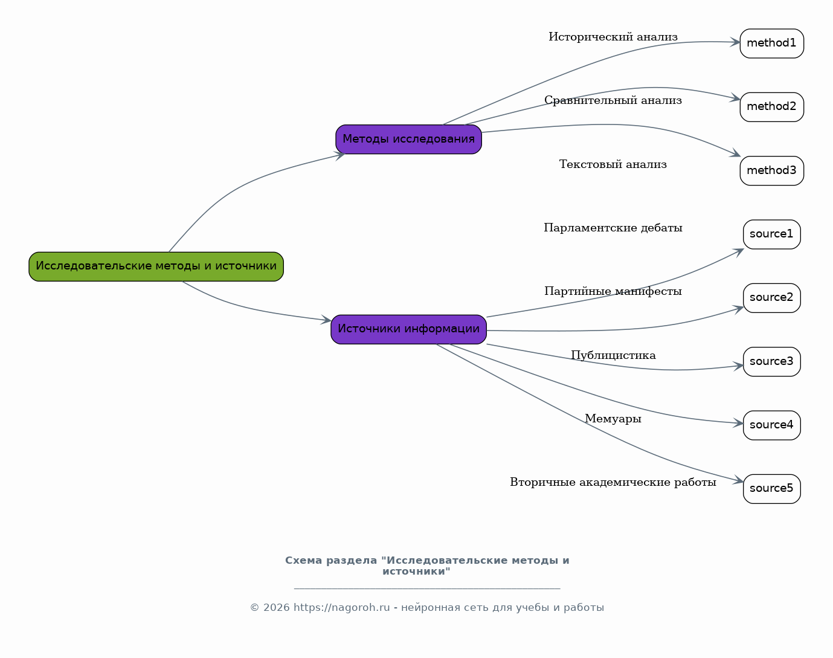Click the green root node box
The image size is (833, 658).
(156, 266)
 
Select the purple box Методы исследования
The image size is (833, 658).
(408, 139)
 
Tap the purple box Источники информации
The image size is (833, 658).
(408, 329)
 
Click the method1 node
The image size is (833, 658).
(771, 44)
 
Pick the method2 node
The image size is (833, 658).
(771, 107)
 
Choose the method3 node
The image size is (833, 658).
(771, 171)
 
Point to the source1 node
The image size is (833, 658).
(771, 234)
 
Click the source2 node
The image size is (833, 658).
(771, 298)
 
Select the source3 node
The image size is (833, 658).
(771, 361)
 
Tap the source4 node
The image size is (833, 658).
(771, 425)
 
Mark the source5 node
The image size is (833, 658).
(771, 489)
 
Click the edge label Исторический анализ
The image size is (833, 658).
(613, 37)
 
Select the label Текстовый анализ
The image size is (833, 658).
(613, 164)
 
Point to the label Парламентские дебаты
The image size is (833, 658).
(613, 228)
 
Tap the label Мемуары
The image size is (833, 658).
(613, 419)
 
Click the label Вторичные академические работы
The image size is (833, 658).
(613, 482)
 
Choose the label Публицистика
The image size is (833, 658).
(613, 355)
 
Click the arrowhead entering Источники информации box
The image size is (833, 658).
(326, 320)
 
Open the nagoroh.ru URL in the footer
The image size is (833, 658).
(341, 607)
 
